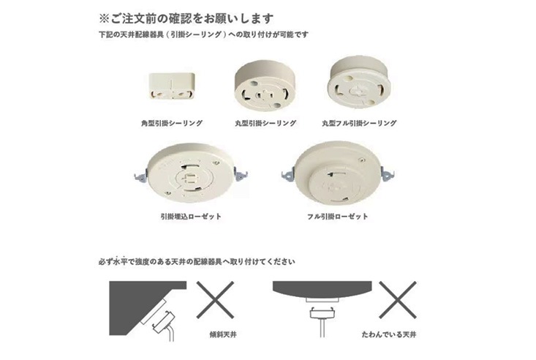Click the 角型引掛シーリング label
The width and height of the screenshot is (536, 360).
pyautogui.click(x=172, y=124)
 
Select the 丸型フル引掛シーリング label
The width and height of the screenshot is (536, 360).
pyautogui.click(x=359, y=124)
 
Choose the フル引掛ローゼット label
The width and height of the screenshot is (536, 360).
pyautogui.click(x=338, y=217)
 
